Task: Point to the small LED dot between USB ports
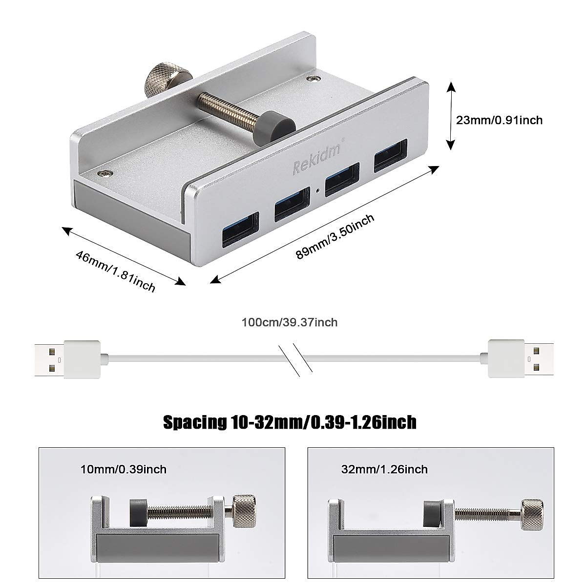[318, 191]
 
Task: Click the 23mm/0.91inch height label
[499, 120]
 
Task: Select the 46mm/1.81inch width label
[115, 272]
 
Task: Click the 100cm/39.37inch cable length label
[290, 322]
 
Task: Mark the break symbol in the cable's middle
[294, 360]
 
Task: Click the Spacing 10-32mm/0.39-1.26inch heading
[290, 422]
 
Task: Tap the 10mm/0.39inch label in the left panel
[124, 469]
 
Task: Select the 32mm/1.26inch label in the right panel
[385, 469]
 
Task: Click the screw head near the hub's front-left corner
[106, 173]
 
